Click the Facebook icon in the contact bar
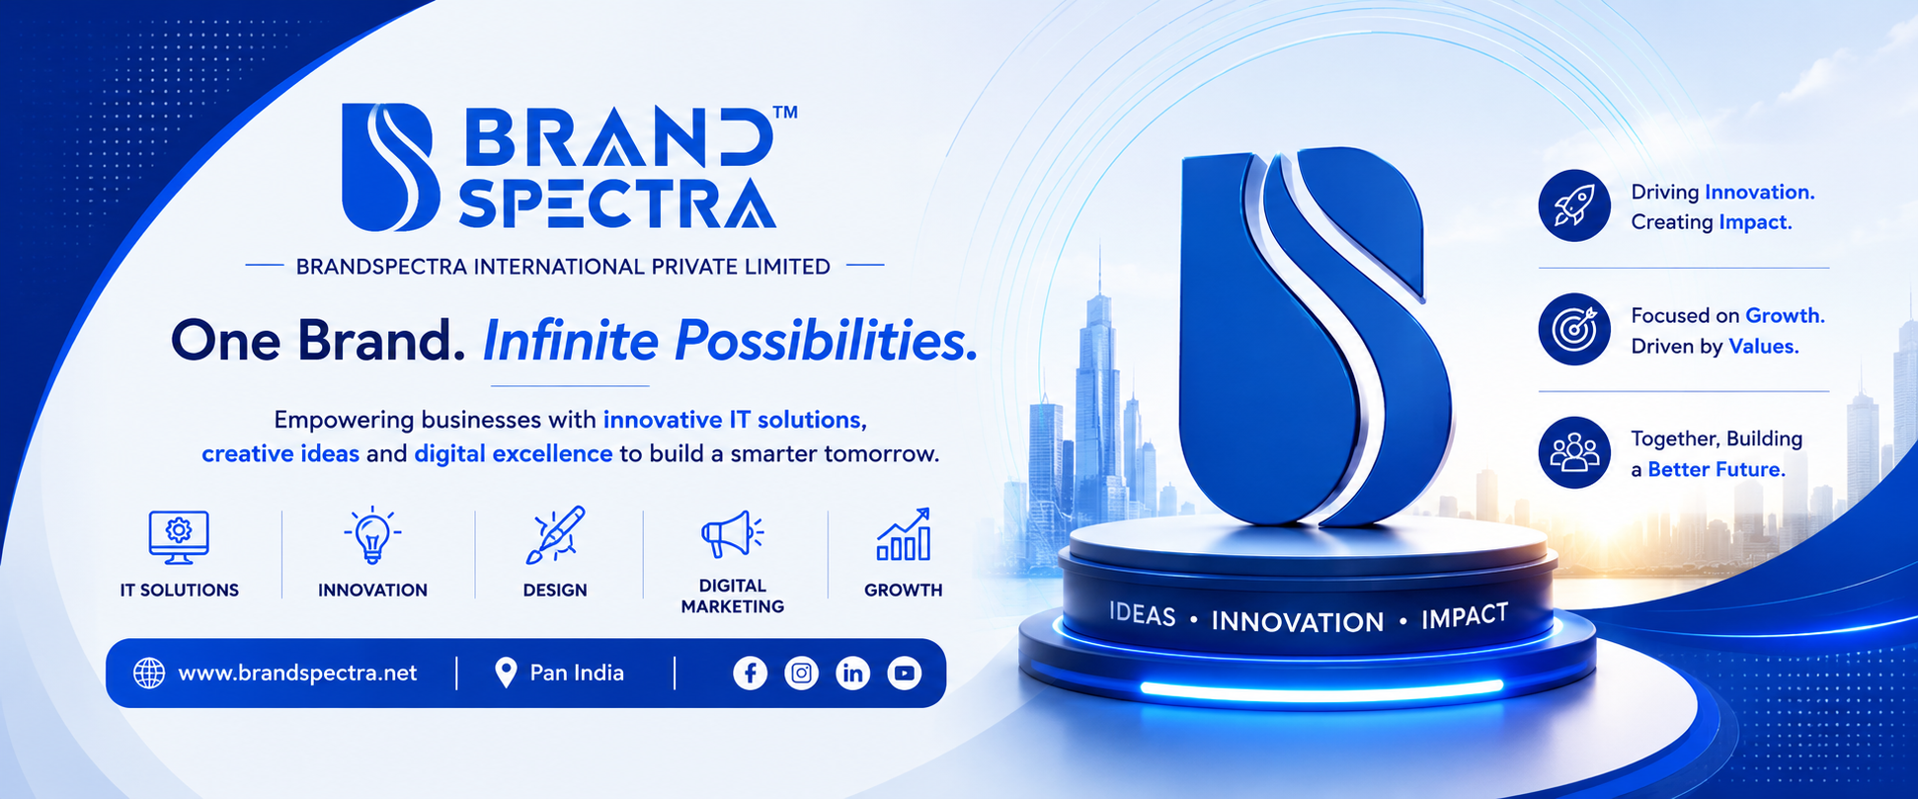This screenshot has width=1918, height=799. tap(750, 674)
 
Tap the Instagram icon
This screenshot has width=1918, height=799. tap(801, 674)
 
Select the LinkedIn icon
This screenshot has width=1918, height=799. tap(852, 674)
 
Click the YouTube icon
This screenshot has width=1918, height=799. tap(904, 674)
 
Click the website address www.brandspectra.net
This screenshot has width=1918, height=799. tap(297, 674)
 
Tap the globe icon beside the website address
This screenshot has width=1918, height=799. tap(149, 674)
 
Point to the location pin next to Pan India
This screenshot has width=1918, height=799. tap(506, 673)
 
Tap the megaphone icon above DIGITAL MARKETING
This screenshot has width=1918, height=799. tap(732, 534)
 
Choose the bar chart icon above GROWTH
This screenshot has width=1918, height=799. tap(904, 534)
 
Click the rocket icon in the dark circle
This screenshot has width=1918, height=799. tap(1574, 205)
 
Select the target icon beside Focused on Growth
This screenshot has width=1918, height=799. tap(1574, 329)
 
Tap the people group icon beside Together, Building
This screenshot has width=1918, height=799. tap(1574, 452)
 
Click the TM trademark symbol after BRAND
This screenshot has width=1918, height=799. tap(785, 113)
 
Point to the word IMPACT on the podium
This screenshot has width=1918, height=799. tap(1465, 617)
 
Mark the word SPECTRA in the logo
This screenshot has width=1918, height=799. tap(617, 203)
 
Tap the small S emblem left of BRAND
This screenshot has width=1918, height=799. tap(388, 167)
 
